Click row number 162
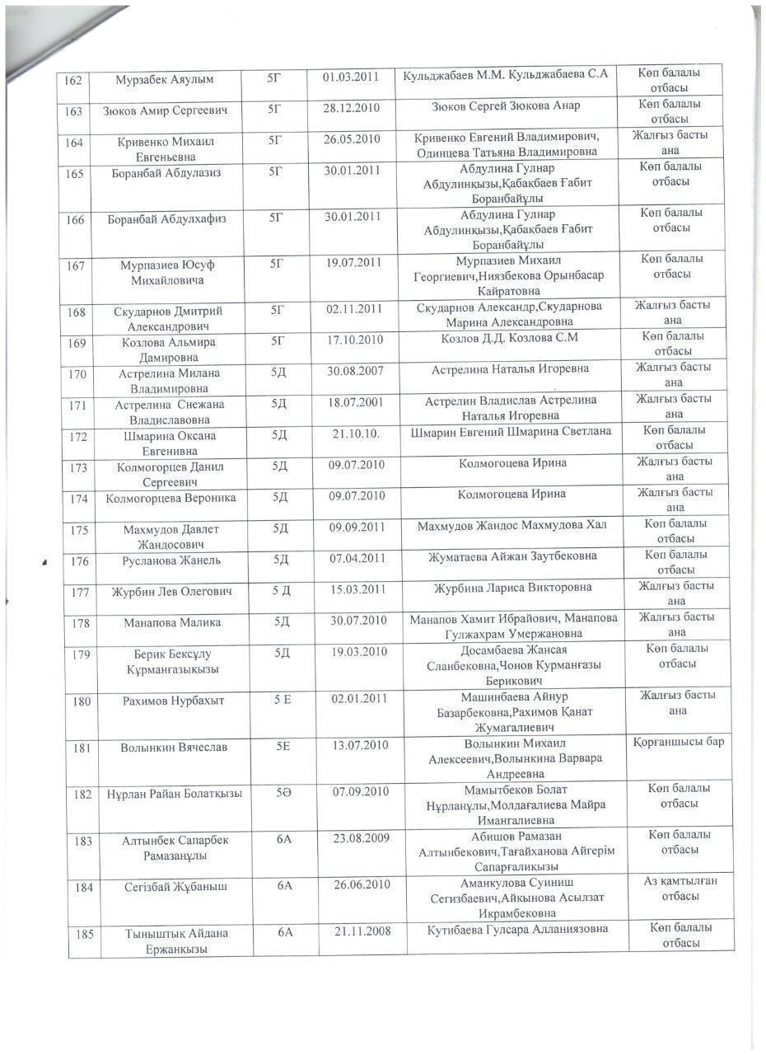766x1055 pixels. coord(72,80)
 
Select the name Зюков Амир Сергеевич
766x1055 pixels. coord(165,110)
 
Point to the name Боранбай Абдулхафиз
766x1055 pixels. coord(167,219)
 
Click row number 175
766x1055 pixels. coord(79,530)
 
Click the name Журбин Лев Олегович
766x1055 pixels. coord(172,592)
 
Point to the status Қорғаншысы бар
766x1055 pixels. coord(680,742)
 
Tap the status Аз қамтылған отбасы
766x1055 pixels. coord(681,889)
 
